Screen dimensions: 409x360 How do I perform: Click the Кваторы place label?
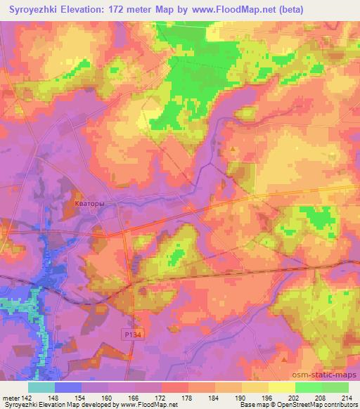(x=90, y=204)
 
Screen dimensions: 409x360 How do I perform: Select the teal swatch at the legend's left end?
(x=41, y=387)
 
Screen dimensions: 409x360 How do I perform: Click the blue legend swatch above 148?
(x=68, y=387)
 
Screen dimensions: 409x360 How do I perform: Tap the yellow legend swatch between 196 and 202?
(x=282, y=387)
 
